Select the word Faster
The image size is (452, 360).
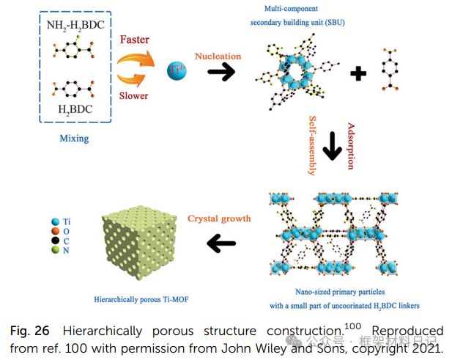tap(134, 40)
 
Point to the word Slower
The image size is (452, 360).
tap(133, 95)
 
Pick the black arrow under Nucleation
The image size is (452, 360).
tap(221, 72)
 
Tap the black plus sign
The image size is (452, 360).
tap(357, 74)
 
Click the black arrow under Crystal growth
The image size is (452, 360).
tap(221, 243)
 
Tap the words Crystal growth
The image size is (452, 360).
tap(220, 218)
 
